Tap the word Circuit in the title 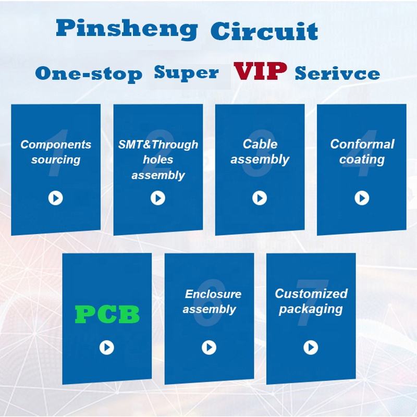point(264,31)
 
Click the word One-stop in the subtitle point(89,73)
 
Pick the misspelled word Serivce point(337,73)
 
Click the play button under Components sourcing point(56,198)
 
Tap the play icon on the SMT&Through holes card point(158,198)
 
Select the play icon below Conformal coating point(362,198)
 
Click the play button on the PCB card point(107,347)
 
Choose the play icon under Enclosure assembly point(209,347)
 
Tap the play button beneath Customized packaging point(311,347)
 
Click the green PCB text point(107,314)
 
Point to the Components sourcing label point(56,152)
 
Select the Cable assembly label point(260,152)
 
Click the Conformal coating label point(362,152)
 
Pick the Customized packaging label point(311,301)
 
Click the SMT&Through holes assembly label point(158,160)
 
